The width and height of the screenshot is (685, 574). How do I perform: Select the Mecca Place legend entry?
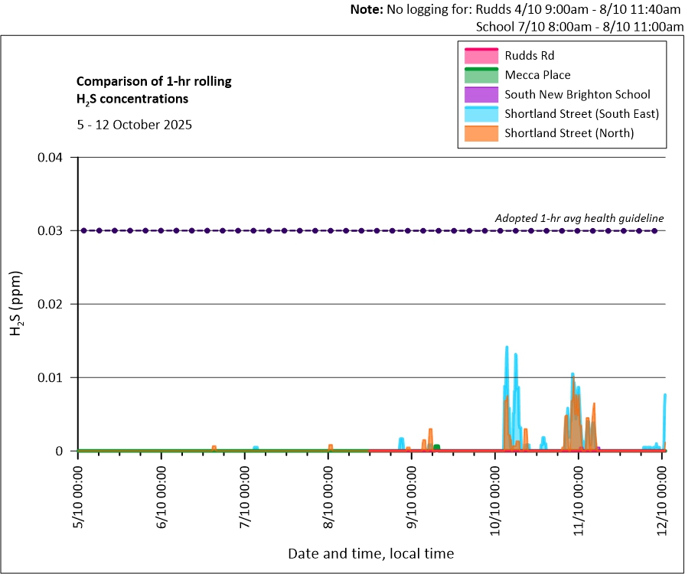point(537,75)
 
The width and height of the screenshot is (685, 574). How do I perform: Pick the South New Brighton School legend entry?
point(577,95)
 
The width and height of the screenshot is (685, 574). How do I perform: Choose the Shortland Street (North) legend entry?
point(569,133)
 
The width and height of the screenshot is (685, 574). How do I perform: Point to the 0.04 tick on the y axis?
point(56,158)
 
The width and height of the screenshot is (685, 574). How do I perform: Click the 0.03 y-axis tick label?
point(56,231)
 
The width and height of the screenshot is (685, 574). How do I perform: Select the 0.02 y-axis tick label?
point(56,305)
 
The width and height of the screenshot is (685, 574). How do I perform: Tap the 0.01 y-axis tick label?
point(56,378)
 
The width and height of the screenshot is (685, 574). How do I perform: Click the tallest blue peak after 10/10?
point(507,347)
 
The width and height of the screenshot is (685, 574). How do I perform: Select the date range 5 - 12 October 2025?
point(134,124)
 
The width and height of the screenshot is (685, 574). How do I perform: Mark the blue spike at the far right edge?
point(665,395)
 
